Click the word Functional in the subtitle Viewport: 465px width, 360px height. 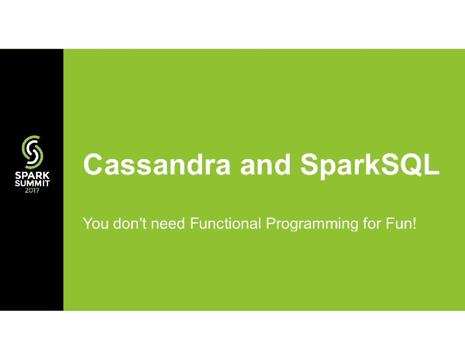(x=225, y=224)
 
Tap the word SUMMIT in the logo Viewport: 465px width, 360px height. (x=32, y=184)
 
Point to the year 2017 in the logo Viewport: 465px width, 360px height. (x=32, y=190)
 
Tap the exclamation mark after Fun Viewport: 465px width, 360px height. (x=414, y=224)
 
